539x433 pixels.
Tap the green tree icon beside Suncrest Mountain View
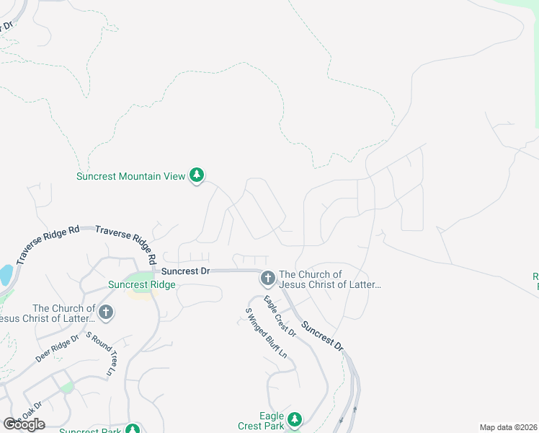(197, 175)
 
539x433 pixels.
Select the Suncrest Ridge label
(142, 284)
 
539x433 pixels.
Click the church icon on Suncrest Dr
(267, 279)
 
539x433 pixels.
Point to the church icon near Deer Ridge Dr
(105, 312)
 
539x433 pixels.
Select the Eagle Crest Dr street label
(280, 317)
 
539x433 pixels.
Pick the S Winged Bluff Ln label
(266, 333)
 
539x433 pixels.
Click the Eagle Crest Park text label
(262, 421)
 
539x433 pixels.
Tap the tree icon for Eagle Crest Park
(294, 419)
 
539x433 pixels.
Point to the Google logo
(24, 424)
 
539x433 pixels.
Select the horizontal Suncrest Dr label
(185, 271)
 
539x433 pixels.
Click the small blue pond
(5, 275)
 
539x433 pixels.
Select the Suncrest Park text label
(89, 431)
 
